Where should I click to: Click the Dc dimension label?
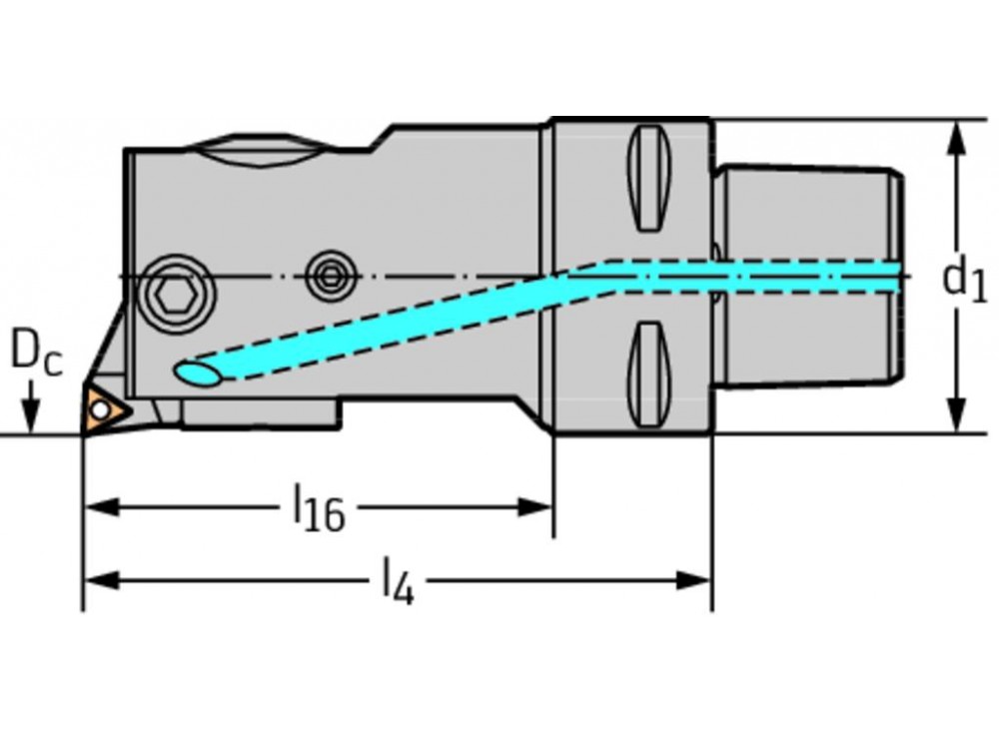click(36, 354)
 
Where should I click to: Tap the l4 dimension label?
click(397, 583)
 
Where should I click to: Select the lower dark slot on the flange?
click(648, 373)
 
